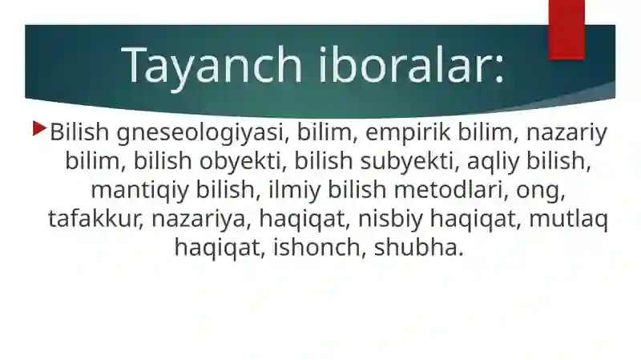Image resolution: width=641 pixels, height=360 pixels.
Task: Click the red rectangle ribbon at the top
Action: pos(566,29)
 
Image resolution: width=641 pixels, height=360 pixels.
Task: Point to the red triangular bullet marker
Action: pos(39,127)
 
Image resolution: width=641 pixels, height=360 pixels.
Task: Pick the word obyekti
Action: pos(243,161)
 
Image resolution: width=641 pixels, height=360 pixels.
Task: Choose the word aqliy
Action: pos(504,161)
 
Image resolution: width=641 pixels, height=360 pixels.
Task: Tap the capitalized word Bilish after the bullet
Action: pos(79,131)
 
